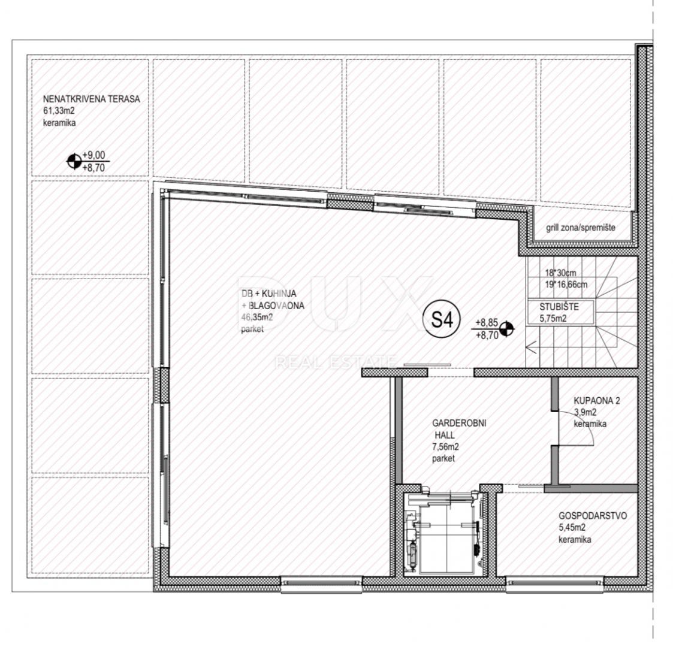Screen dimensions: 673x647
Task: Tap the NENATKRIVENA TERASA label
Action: pos(92,99)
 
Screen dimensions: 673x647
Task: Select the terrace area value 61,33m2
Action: pos(59,111)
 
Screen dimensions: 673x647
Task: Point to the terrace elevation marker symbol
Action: pos(74,161)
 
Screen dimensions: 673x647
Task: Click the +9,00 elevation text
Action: pos(94,155)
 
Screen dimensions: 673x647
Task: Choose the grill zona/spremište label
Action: pos(580,228)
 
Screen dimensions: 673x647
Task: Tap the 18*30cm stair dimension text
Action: pos(560,273)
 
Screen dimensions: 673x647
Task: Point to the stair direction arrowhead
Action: pos(530,347)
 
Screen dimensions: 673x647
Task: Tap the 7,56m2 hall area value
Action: pos(445,447)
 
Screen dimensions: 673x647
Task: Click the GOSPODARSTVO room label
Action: pos(592,516)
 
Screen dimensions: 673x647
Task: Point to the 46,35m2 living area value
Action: pos(257,318)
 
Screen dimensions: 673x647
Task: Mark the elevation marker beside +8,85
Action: pos(507,329)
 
